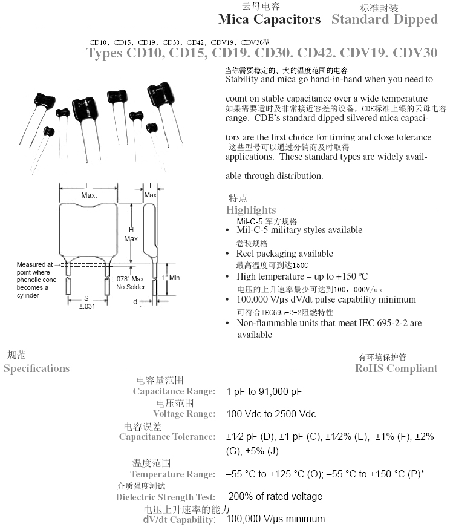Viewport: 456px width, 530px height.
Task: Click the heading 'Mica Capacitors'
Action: tap(269, 19)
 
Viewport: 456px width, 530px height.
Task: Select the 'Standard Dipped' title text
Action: tap(384, 19)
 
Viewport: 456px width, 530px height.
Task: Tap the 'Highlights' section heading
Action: tap(251, 210)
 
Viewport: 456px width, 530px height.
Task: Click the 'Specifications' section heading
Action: tap(37, 368)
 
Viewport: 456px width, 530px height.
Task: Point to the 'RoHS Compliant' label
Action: tap(396, 368)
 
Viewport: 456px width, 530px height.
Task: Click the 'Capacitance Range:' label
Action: tap(174, 391)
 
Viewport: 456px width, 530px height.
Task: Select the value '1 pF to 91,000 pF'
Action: tap(264, 392)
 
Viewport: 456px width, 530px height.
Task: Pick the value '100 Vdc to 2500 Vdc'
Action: tap(271, 414)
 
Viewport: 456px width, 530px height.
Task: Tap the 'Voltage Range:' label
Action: tap(184, 414)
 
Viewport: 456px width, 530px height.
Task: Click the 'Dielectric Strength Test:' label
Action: tap(166, 497)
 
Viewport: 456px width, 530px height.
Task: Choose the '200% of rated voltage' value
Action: tap(275, 497)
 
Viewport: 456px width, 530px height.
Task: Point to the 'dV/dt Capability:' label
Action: tap(179, 519)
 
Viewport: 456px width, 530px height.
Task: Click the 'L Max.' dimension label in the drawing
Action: tap(88, 191)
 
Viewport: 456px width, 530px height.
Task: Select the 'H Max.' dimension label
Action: tap(131, 234)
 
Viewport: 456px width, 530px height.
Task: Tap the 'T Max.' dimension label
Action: tap(151, 190)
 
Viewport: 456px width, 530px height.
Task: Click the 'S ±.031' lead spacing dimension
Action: tap(86, 303)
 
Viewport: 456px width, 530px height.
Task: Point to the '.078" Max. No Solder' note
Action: tap(129, 283)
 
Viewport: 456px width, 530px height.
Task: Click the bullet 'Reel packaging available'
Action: tap(284, 254)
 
